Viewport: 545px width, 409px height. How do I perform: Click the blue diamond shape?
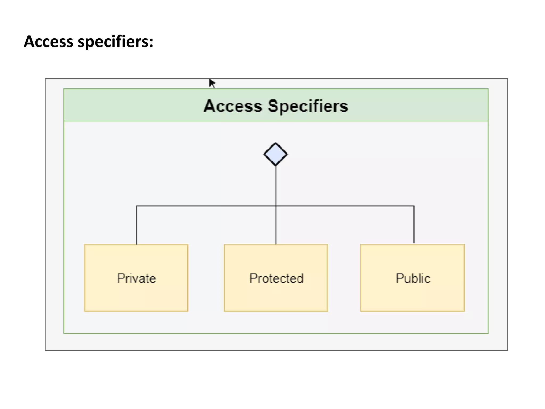point(275,154)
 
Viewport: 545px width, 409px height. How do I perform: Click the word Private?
point(136,278)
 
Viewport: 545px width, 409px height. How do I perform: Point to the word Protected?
point(276,278)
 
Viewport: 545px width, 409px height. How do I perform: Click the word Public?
point(413,278)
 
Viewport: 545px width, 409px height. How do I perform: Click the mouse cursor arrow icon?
point(212,83)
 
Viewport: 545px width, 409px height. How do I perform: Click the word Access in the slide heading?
point(48,42)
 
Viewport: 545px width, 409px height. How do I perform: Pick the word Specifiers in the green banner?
point(308,106)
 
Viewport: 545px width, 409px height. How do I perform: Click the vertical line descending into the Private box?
point(137,225)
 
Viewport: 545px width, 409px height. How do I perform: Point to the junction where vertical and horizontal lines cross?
point(276,206)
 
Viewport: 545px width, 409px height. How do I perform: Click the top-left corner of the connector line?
point(137,206)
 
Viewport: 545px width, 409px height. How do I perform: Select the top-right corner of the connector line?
point(414,206)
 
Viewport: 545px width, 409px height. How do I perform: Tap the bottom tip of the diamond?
point(276,165)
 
